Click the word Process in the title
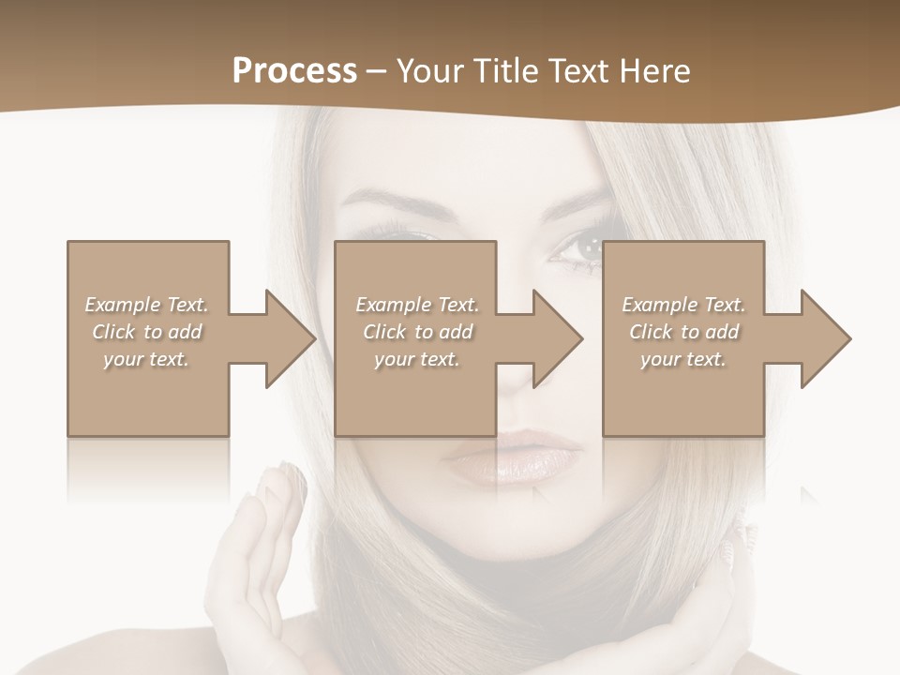coord(294,71)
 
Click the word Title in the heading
coord(502,71)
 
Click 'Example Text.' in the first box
coord(146,305)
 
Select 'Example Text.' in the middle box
coord(416,305)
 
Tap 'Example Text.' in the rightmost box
coord(683,305)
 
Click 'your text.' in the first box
coord(146,359)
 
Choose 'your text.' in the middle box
coord(416,359)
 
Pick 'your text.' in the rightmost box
coord(683,359)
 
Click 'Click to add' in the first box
coord(146,332)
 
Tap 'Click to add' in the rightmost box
coord(683,332)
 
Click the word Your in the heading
coord(428,71)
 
